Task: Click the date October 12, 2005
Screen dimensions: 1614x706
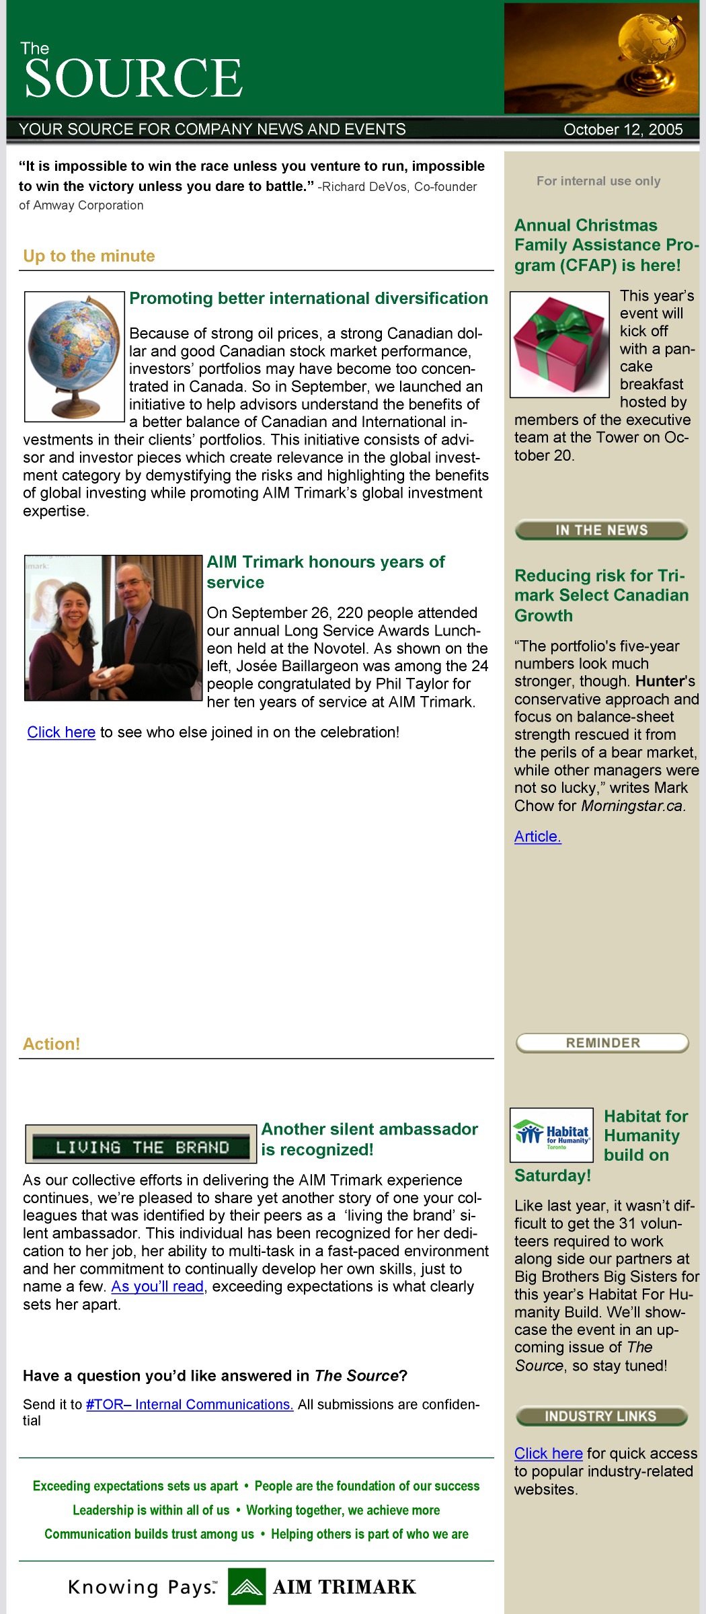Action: pos(623,130)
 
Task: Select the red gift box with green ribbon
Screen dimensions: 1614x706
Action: pos(559,344)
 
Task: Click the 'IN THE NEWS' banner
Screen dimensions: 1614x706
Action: pos(601,530)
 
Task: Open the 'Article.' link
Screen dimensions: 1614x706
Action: pos(537,837)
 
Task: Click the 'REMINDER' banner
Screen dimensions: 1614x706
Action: pos(602,1043)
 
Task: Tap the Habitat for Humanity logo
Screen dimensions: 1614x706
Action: pos(551,1135)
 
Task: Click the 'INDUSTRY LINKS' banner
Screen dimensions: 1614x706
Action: pos(601,1416)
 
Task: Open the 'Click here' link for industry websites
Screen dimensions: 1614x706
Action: pos(548,1453)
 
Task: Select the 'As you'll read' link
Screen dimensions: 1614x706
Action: pos(157,1286)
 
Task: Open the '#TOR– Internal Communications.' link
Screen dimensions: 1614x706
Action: pos(190,1405)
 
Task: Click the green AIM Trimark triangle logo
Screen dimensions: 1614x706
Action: pos(246,1586)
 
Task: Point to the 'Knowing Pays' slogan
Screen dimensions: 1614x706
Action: pos(142,1588)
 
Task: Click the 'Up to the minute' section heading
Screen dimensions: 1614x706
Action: pos(89,256)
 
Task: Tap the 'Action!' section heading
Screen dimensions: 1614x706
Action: pos(51,1044)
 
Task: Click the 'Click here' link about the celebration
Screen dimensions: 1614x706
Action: pos(61,732)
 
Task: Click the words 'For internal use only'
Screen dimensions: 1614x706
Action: pos(598,181)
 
